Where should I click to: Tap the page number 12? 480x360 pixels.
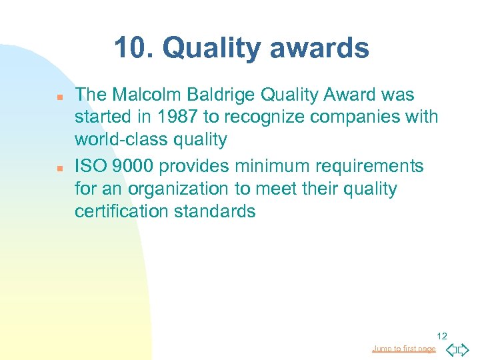(442, 335)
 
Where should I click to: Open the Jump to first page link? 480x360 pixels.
(404, 349)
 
